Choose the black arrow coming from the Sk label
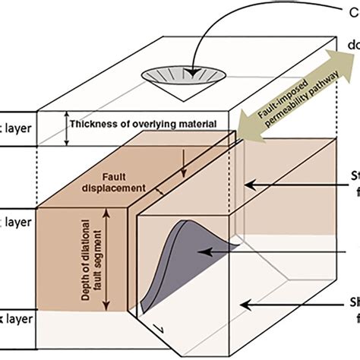tap(289, 304)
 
